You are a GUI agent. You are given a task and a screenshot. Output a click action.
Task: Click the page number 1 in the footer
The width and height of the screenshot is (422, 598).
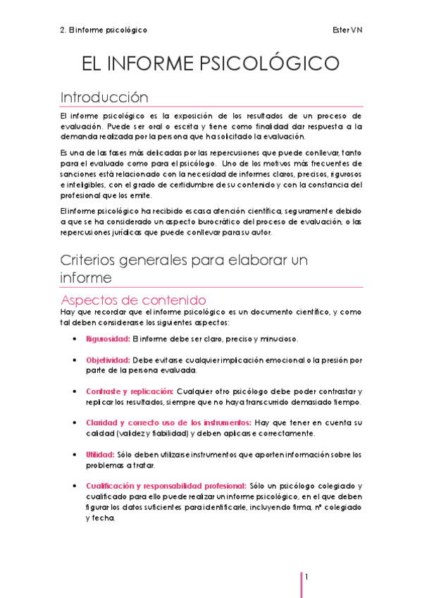[x=308, y=577]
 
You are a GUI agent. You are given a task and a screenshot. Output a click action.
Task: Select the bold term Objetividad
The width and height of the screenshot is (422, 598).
[x=107, y=360]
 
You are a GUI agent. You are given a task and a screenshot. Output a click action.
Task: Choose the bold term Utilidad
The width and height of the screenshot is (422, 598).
[x=98, y=455]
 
